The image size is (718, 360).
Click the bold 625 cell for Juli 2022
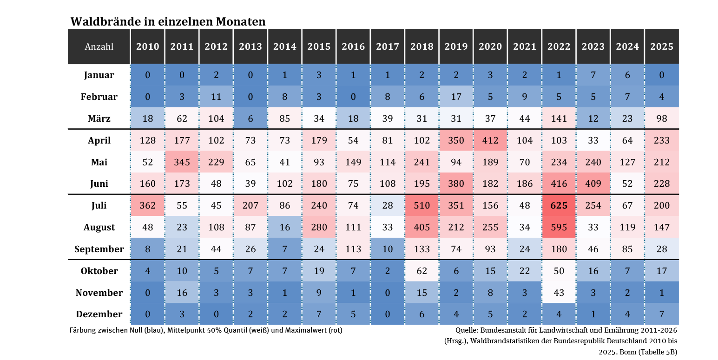(x=559, y=205)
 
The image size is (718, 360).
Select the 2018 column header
(x=422, y=46)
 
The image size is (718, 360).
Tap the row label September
(x=99, y=249)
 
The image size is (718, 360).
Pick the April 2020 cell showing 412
(x=490, y=140)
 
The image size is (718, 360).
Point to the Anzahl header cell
(x=99, y=46)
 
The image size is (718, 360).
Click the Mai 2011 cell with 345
(x=182, y=162)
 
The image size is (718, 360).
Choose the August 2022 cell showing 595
(x=559, y=227)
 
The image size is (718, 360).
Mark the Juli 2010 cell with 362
(x=147, y=205)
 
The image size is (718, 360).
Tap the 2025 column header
(x=662, y=46)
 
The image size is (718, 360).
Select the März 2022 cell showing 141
(x=559, y=118)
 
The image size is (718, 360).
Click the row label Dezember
(x=99, y=314)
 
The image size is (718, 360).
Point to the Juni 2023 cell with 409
(x=593, y=183)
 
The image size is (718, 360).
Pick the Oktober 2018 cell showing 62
(x=422, y=271)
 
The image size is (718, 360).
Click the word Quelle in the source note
(x=467, y=330)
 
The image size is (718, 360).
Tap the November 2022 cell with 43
(x=559, y=293)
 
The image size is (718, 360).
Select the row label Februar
(x=99, y=97)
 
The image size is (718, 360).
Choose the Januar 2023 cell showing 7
(x=593, y=75)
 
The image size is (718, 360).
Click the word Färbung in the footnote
(x=82, y=330)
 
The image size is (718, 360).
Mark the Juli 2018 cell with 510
(x=422, y=205)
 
